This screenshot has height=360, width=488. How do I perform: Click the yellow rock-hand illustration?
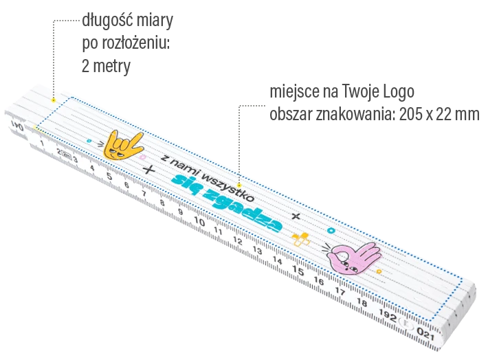[x=122, y=146]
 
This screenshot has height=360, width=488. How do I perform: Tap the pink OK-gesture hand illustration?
[x=353, y=258]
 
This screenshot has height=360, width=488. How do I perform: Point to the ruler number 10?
[x=199, y=221]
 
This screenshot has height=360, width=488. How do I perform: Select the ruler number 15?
[x=298, y=271]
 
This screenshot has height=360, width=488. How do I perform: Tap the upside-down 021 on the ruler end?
[x=425, y=334]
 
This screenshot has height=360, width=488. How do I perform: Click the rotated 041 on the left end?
[x=17, y=126]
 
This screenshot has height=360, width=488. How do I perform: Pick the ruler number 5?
[x=109, y=176]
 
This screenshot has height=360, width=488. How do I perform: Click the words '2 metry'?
[x=106, y=66]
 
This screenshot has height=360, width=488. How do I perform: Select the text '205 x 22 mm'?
[x=439, y=114]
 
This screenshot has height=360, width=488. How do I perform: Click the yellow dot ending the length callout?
[x=54, y=100]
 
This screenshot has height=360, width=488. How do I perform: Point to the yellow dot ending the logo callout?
[x=239, y=185]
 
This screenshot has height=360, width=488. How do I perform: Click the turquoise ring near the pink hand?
[x=331, y=231]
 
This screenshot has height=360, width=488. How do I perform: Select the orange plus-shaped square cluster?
[x=300, y=240]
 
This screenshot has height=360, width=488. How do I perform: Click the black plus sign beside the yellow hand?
[x=148, y=170]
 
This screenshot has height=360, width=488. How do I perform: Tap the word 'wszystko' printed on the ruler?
[x=228, y=186]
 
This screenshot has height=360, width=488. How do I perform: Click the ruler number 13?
[x=258, y=250]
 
